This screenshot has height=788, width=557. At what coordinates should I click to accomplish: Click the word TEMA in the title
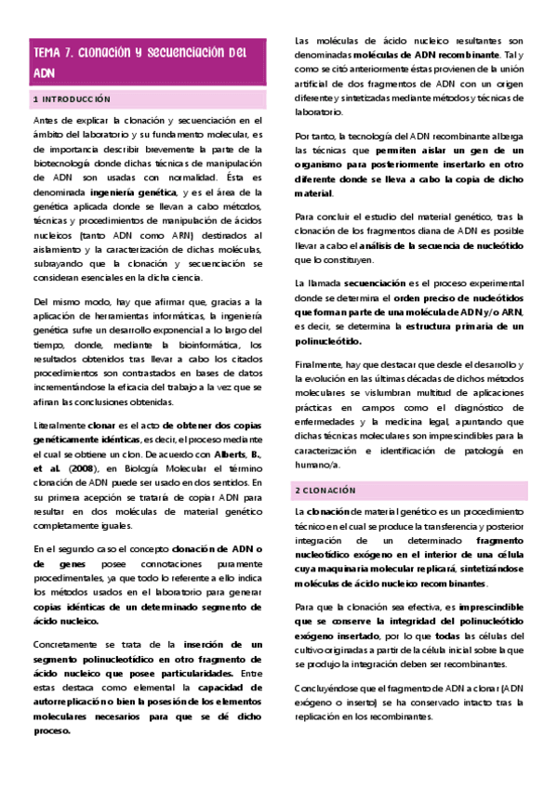tap(46, 53)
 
